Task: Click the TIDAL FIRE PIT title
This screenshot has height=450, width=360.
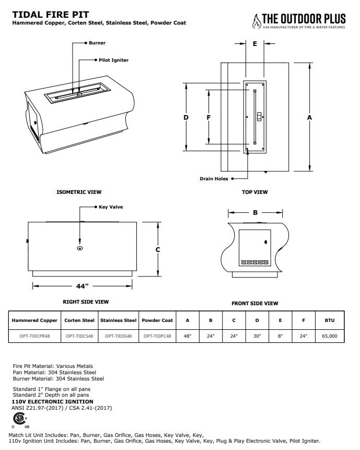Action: (x=51, y=15)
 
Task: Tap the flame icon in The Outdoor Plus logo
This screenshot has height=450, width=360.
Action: (x=256, y=21)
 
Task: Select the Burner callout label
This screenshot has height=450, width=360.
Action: (x=97, y=43)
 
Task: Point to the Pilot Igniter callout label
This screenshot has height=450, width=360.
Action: (x=113, y=60)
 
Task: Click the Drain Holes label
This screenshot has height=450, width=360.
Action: (x=214, y=179)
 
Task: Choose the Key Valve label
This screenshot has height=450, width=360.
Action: (x=111, y=207)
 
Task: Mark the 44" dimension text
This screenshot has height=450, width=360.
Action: (x=82, y=286)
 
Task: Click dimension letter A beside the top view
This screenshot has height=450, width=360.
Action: (x=309, y=118)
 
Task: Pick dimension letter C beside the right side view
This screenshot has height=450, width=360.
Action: (x=158, y=250)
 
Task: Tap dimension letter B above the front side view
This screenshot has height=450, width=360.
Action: (x=255, y=213)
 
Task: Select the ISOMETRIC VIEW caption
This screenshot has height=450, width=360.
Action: (x=79, y=192)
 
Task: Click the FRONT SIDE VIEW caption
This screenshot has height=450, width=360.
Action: (x=255, y=303)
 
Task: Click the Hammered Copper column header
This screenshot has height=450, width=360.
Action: (x=34, y=320)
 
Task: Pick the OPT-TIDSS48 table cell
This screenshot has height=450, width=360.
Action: (x=118, y=336)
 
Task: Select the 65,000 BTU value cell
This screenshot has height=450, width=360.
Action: (x=330, y=336)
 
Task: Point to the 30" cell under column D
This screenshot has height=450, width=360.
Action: (x=257, y=336)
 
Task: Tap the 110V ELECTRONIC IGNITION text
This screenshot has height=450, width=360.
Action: (x=52, y=402)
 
